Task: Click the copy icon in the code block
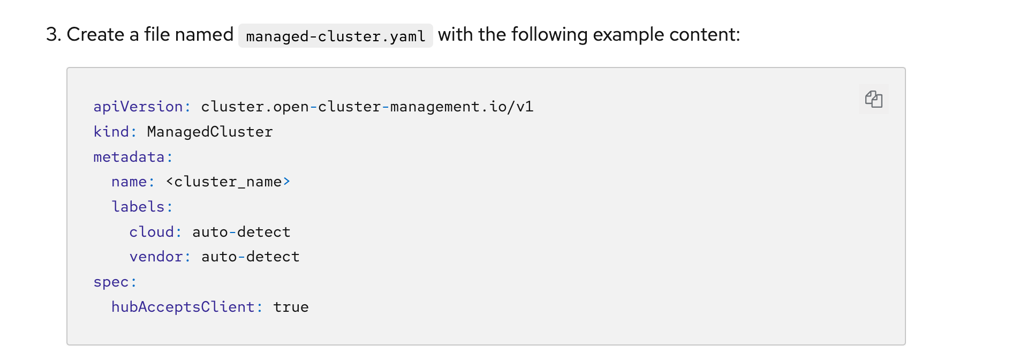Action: (x=873, y=99)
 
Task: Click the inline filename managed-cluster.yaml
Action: (x=335, y=36)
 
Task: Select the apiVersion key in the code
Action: (x=138, y=107)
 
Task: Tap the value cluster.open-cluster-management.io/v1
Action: (x=367, y=107)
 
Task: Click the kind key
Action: (x=111, y=132)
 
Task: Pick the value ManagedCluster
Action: (x=209, y=132)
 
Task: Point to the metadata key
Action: (x=129, y=157)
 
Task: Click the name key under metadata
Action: (x=129, y=182)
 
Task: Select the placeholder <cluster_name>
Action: (x=228, y=182)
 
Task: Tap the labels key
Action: (x=138, y=207)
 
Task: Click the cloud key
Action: (x=152, y=232)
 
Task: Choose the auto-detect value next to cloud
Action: (x=241, y=232)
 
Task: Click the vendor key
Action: (x=156, y=257)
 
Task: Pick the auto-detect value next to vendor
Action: (x=250, y=257)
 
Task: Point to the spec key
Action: (x=111, y=282)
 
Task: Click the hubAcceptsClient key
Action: (x=183, y=307)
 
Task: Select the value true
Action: (x=291, y=307)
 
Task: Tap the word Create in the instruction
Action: (x=95, y=35)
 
